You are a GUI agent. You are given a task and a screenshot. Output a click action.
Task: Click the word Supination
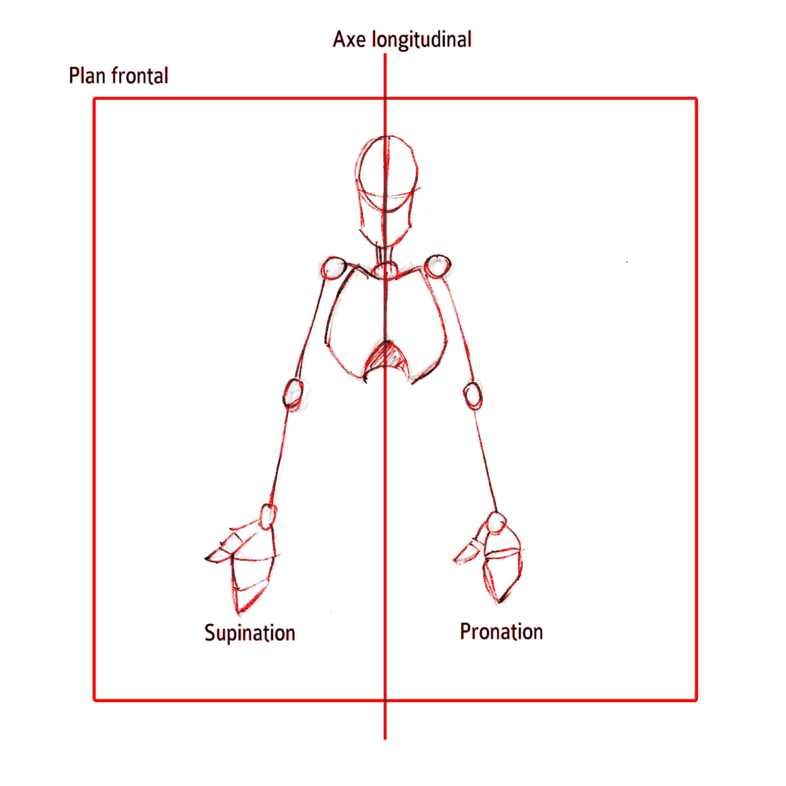pos(250,633)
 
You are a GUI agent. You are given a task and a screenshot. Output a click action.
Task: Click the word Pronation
pos(501,632)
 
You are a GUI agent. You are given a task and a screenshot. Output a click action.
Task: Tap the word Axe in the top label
pos(349,40)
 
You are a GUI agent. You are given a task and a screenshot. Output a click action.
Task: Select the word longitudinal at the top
pos(422,40)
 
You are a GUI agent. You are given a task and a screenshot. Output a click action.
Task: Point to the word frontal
pos(140,76)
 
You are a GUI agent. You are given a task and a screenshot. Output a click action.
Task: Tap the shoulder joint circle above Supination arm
pos(333,268)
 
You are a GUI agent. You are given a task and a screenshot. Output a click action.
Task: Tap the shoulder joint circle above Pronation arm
pos(438,266)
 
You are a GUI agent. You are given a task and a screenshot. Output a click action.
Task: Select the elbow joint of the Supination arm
pos(293,394)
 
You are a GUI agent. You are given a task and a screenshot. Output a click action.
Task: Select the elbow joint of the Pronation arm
pos(473,395)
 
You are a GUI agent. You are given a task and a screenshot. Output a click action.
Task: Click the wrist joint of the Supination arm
pos(268,516)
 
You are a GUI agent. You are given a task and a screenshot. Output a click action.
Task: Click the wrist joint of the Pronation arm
pos(496,523)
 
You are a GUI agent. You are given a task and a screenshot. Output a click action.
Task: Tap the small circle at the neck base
pos(385,270)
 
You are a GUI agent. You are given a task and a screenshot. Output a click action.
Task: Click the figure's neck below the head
pos(385,255)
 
